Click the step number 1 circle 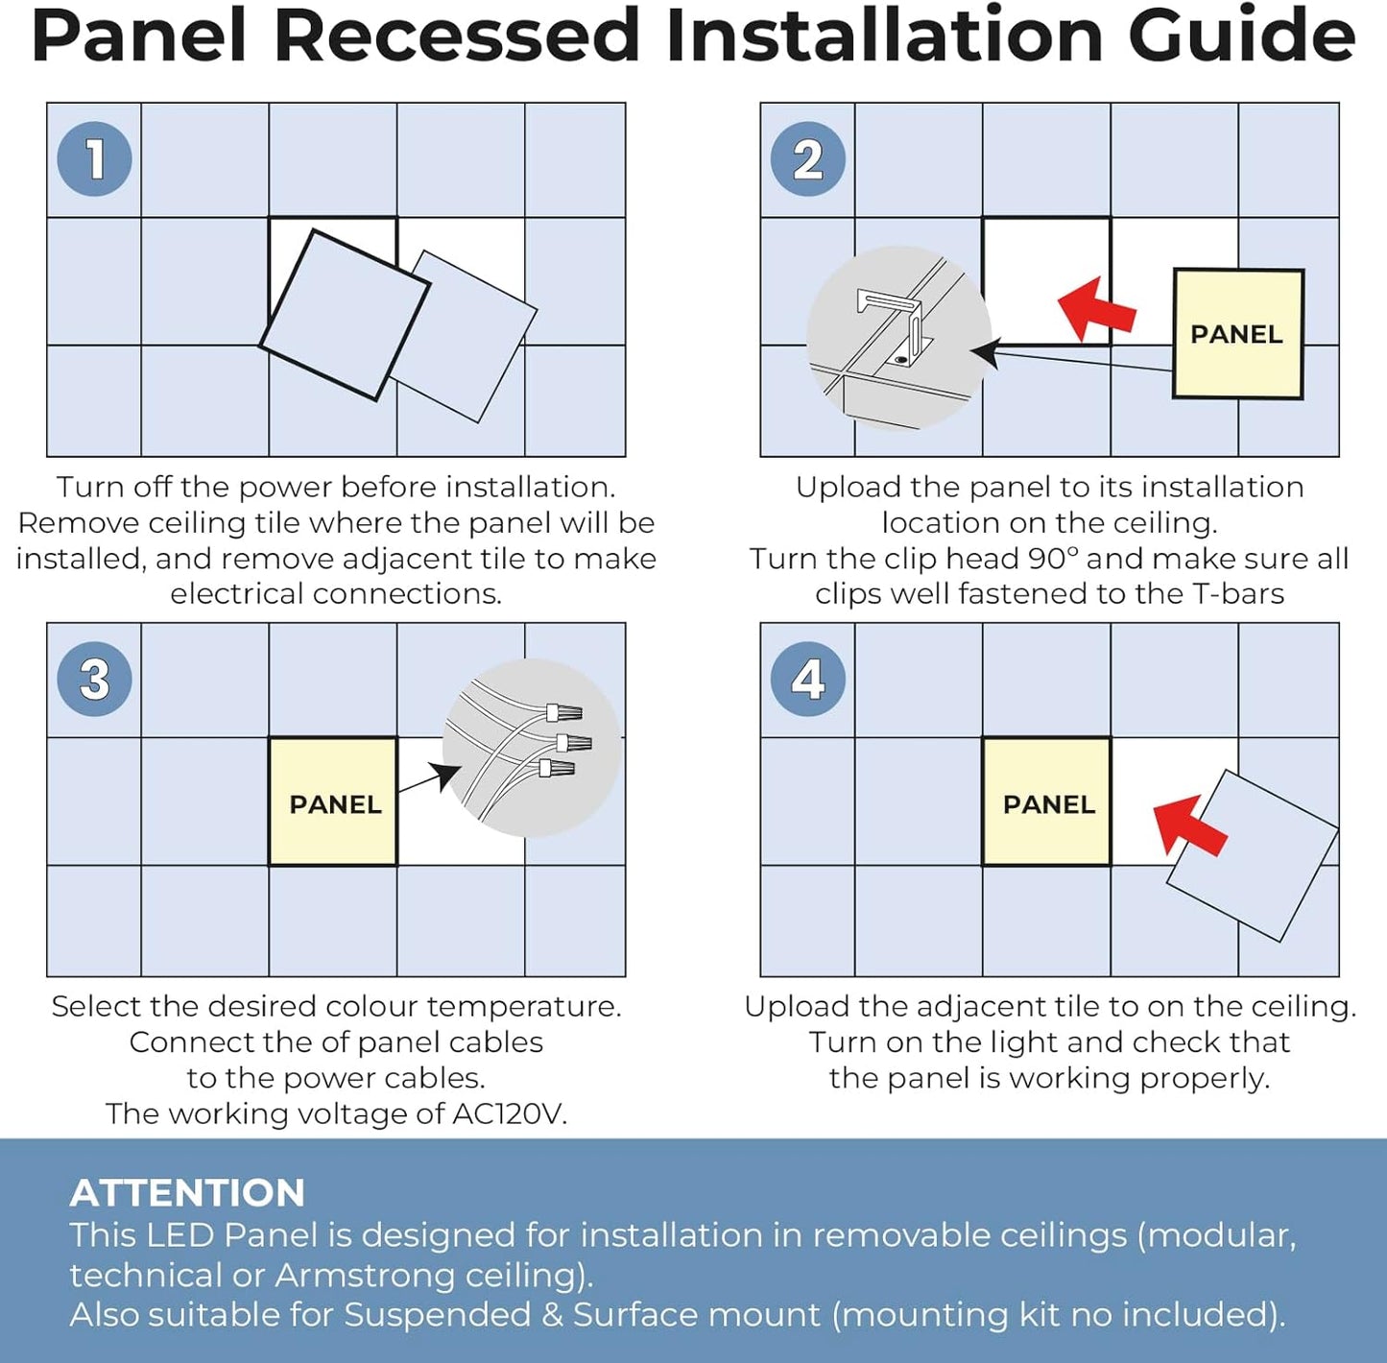tap(94, 159)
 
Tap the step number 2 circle tap(807, 159)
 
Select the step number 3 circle tap(94, 679)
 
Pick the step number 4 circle tap(807, 679)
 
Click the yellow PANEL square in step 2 tap(1237, 333)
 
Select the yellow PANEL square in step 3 tap(333, 801)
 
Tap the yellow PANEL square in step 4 tap(1046, 801)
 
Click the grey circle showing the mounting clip tap(898, 338)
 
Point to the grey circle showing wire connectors tap(531, 748)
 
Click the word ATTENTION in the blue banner tap(187, 1193)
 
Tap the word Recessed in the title tap(457, 36)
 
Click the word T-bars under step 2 tap(1238, 594)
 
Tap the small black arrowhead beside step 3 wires tap(443, 774)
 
